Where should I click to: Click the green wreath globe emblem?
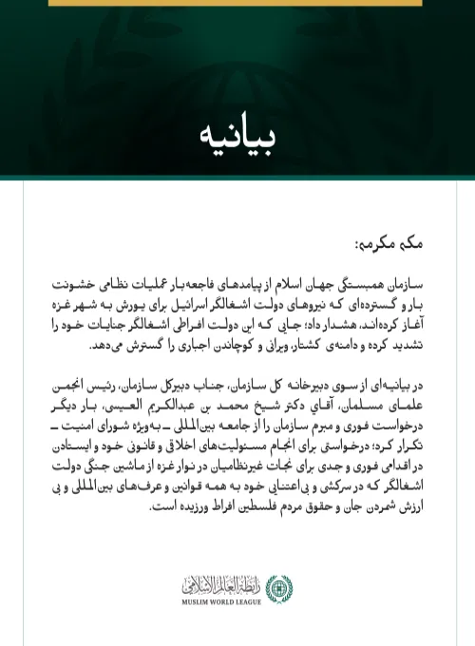(278, 588)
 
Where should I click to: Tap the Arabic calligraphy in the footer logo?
(228, 583)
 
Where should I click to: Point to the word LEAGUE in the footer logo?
(255, 601)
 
